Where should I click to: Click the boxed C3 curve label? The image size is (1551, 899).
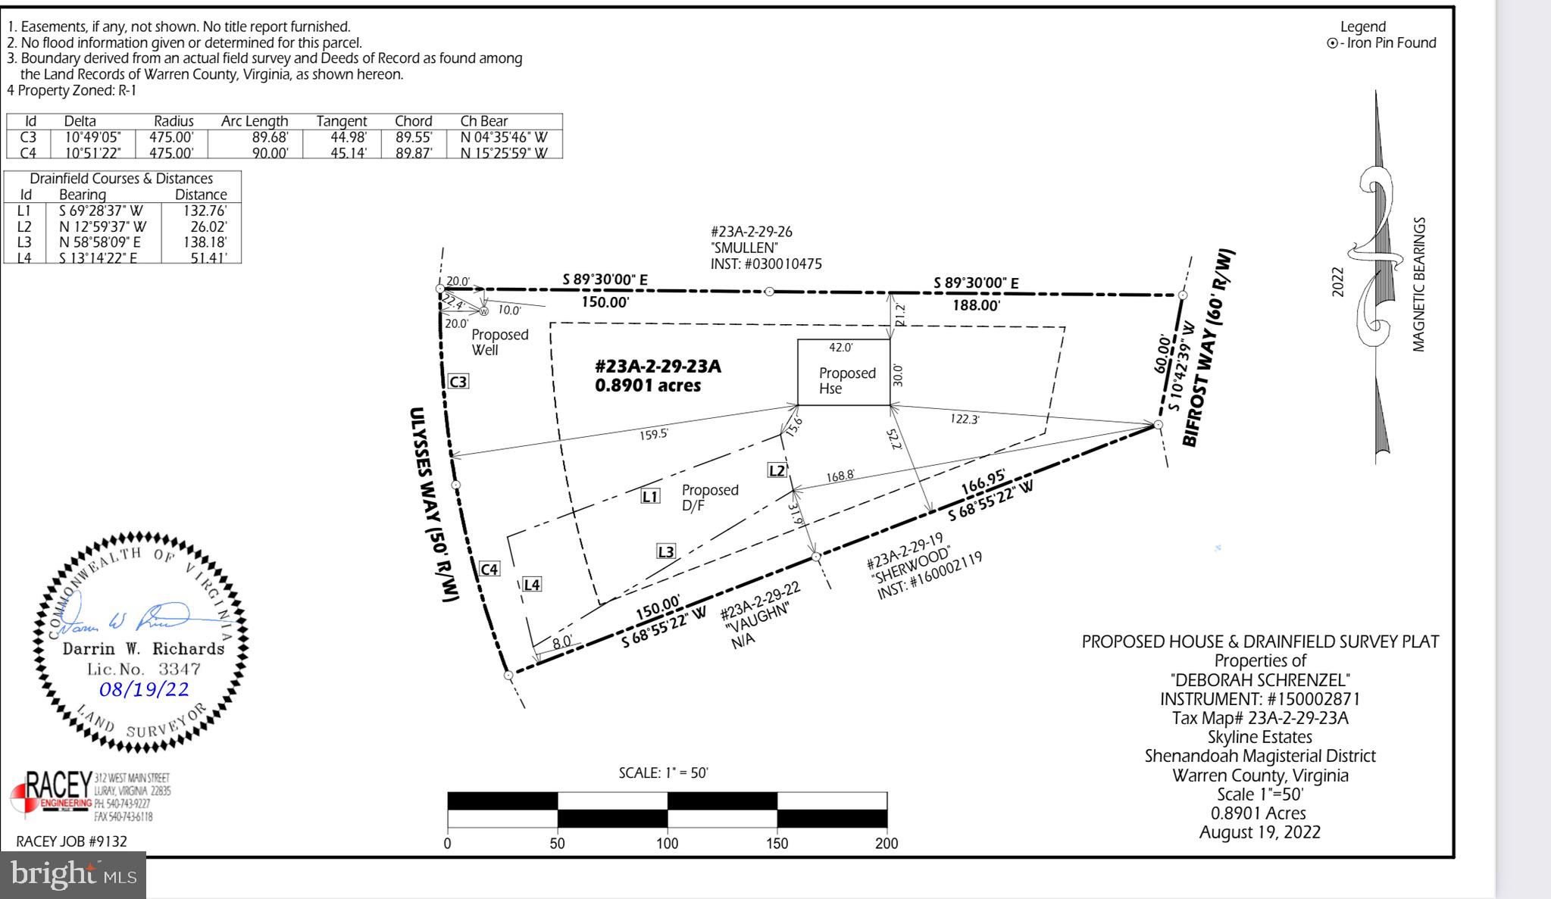click(458, 382)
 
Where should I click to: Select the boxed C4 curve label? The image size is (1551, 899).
click(489, 570)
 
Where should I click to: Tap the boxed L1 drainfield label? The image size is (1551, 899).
click(650, 497)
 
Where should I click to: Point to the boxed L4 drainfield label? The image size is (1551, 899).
click(532, 585)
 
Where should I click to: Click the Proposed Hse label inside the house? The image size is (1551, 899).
click(846, 381)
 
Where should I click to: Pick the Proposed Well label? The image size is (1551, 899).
click(499, 342)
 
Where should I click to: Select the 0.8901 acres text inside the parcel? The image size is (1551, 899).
click(648, 386)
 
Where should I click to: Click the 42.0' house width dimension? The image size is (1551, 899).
click(840, 348)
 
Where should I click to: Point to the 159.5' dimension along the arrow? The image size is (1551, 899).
click(653, 435)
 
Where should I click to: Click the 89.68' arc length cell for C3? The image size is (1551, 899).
click(269, 138)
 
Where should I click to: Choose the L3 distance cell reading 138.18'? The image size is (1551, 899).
click(205, 242)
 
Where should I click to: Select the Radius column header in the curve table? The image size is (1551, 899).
click(174, 121)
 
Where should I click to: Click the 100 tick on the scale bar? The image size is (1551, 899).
click(667, 844)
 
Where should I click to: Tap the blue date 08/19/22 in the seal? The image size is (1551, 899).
click(144, 689)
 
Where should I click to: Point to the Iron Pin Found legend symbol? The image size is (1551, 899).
click(1332, 43)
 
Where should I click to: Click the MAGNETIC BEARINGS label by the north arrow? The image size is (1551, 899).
click(1418, 285)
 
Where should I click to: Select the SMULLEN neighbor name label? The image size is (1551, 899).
click(744, 248)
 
